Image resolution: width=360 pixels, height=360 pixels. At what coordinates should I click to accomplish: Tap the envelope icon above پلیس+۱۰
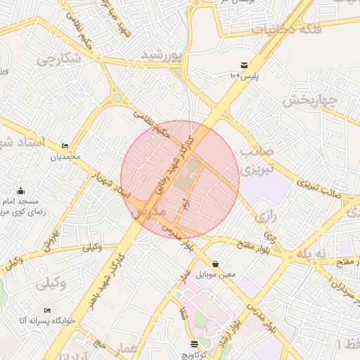click(x=244, y=64)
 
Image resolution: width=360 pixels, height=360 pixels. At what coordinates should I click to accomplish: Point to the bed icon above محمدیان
click(x=65, y=145)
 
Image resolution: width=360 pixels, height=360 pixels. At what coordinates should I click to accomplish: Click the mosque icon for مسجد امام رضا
click(x=20, y=191)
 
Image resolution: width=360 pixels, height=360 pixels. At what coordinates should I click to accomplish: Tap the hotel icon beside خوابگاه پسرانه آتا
click(x=47, y=310)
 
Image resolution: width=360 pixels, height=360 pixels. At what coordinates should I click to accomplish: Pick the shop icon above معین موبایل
click(x=214, y=264)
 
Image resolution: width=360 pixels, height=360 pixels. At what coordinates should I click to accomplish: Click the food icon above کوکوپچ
click(x=194, y=343)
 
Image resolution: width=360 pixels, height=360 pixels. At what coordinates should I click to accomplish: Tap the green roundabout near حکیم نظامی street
click(x=117, y=98)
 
